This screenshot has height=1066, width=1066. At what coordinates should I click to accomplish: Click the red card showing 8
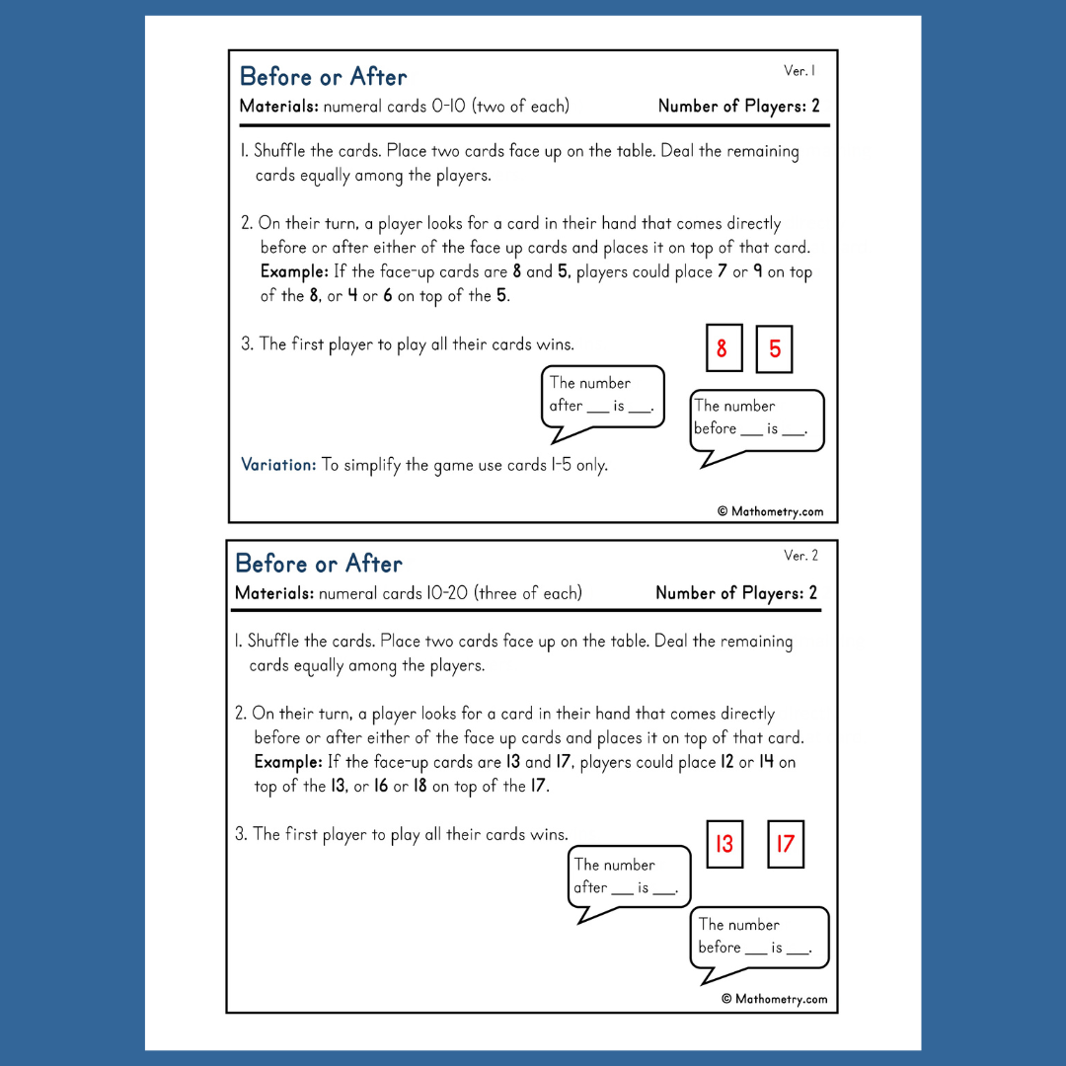click(x=723, y=348)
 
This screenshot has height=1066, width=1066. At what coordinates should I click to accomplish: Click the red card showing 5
click(x=774, y=349)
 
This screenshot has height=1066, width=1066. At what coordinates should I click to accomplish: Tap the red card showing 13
click(x=724, y=844)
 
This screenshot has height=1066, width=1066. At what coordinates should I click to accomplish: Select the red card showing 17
click(x=786, y=844)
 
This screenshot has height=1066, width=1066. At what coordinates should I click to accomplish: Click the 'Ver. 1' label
click(x=799, y=71)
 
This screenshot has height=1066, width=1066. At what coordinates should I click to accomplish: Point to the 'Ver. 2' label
click(x=800, y=556)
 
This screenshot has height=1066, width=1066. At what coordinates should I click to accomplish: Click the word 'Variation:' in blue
click(x=278, y=465)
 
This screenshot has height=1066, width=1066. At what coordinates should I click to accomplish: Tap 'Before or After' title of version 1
click(x=323, y=77)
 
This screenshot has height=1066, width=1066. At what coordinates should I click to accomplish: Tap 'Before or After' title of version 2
click(x=319, y=564)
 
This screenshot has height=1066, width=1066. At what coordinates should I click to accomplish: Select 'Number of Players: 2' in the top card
click(x=738, y=107)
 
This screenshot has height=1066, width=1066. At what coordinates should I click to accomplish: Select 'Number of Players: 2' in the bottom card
click(x=736, y=593)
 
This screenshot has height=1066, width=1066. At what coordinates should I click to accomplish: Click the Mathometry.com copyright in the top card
click(x=770, y=511)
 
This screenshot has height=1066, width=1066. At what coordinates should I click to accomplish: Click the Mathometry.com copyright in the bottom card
click(x=774, y=999)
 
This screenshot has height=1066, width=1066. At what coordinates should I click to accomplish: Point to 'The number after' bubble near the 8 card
click(x=602, y=395)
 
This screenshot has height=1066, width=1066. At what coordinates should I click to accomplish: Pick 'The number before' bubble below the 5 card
click(x=757, y=419)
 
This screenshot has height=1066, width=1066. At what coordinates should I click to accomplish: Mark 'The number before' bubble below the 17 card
click(x=758, y=937)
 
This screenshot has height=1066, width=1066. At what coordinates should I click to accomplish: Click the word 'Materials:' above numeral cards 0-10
click(x=279, y=107)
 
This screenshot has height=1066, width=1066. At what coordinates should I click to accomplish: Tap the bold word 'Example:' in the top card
click(x=292, y=271)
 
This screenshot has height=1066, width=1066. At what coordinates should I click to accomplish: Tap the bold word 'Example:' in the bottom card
click(x=287, y=762)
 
